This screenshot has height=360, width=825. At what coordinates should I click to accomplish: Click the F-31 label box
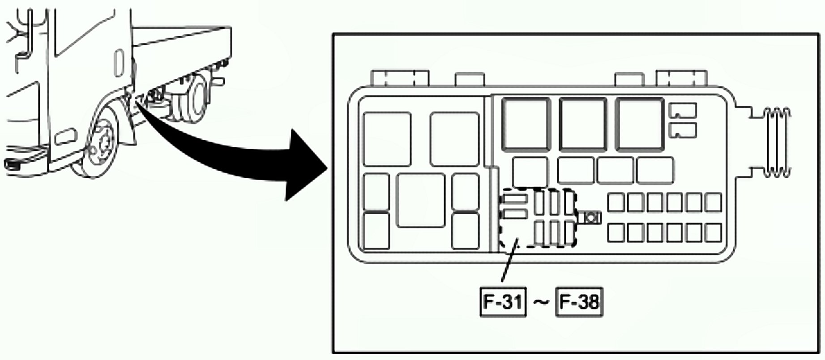(503, 302)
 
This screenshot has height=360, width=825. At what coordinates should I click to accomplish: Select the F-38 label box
(579, 302)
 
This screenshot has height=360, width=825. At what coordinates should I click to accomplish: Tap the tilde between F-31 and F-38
(541, 303)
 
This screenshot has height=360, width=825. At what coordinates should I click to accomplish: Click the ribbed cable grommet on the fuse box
(777, 142)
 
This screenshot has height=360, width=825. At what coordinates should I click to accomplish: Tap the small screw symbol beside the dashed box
(590, 218)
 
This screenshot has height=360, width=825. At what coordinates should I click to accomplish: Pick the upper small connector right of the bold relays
(682, 110)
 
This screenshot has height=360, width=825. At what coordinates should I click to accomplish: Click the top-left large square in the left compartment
(387, 139)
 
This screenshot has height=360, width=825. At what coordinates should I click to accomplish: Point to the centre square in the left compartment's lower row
(420, 200)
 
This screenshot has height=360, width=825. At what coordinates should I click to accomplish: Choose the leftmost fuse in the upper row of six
(616, 202)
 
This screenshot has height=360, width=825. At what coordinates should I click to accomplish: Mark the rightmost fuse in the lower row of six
(713, 233)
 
